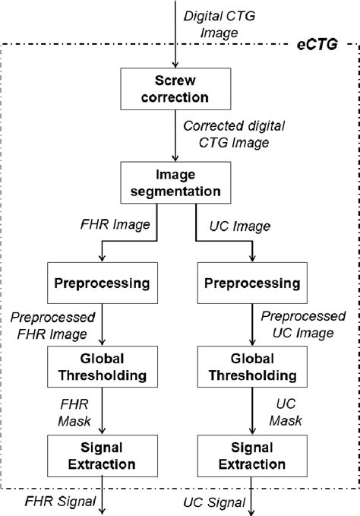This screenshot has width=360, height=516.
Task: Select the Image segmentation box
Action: (x=175, y=182)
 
